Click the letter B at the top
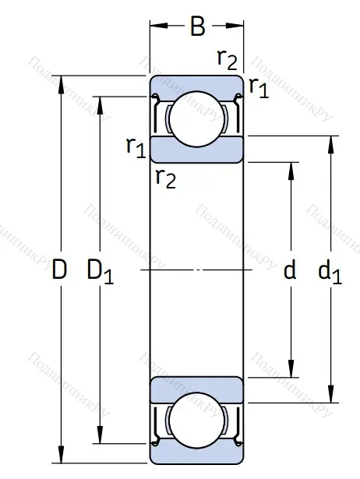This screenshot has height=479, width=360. [x=198, y=28]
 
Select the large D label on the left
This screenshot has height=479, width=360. [x=59, y=271]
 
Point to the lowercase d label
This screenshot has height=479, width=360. [x=290, y=270]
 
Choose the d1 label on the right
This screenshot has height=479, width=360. [x=330, y=272]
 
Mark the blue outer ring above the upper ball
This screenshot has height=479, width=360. [x=197, y=83]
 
